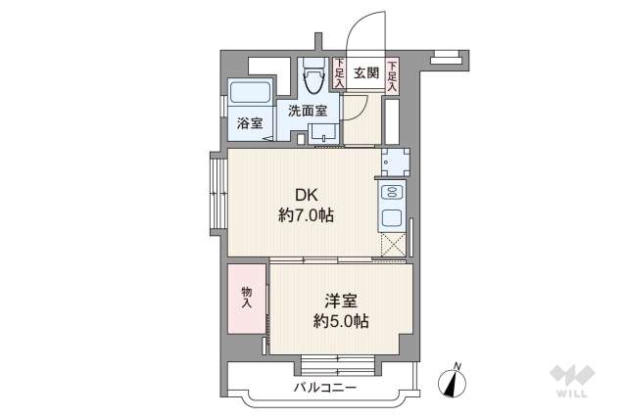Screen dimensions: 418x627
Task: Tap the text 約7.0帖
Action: coord(306,215)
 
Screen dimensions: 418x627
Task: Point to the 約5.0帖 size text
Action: coord(340,320)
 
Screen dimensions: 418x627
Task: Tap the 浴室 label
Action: coord(250,123)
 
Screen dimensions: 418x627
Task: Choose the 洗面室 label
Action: coord(307,111)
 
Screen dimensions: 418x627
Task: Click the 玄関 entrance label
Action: coord(365,71)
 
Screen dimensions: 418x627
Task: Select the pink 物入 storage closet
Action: coord(247,297)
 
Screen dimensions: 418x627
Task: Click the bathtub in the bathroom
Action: coord(250,95)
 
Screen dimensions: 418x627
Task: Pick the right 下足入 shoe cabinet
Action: coord(392,75)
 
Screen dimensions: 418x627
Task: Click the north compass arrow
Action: coord(453,380)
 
